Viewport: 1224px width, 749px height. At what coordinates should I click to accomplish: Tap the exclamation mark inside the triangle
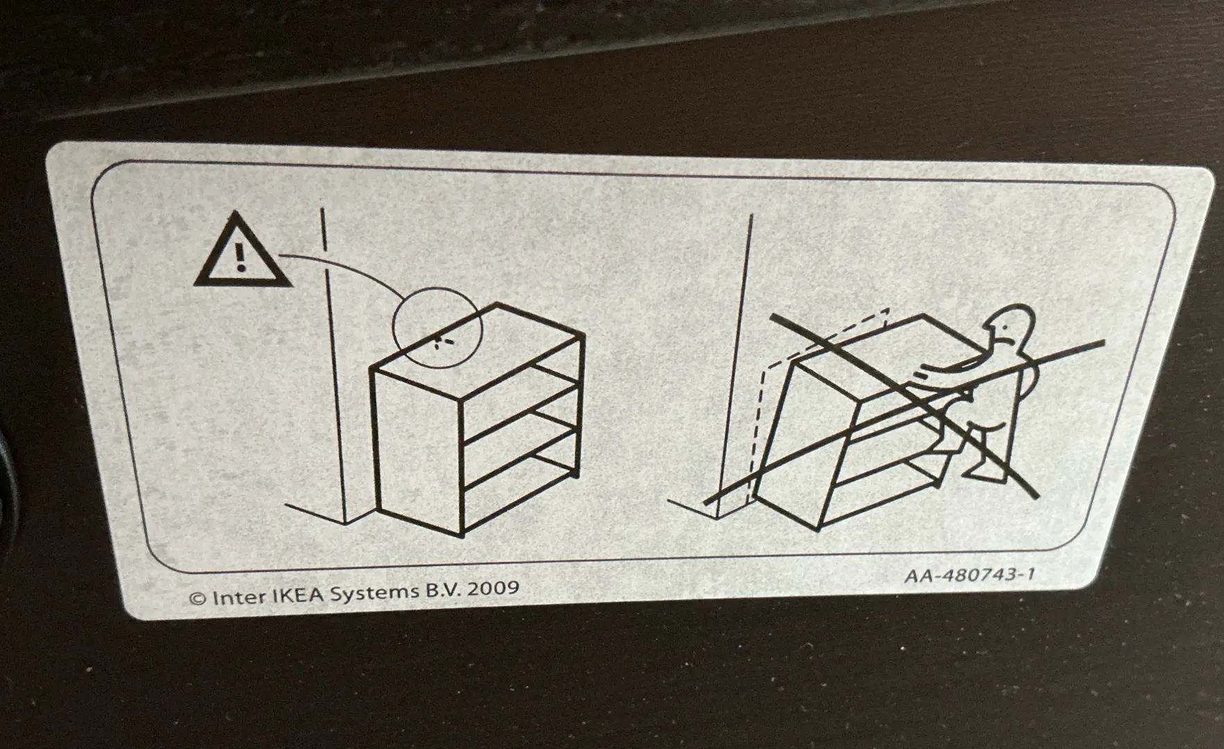point(240,257)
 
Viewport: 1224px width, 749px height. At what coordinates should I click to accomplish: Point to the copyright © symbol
point(198,599)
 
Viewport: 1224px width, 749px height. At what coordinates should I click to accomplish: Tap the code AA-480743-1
point(969,575)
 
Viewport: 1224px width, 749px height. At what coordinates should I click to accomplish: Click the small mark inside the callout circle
point(441,340)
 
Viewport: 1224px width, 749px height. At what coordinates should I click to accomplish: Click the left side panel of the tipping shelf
point(804,444)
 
